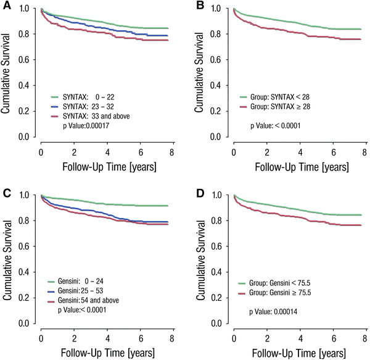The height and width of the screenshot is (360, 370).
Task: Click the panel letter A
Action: (6, 6)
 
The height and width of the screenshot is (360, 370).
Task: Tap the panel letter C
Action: (6, 192)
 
